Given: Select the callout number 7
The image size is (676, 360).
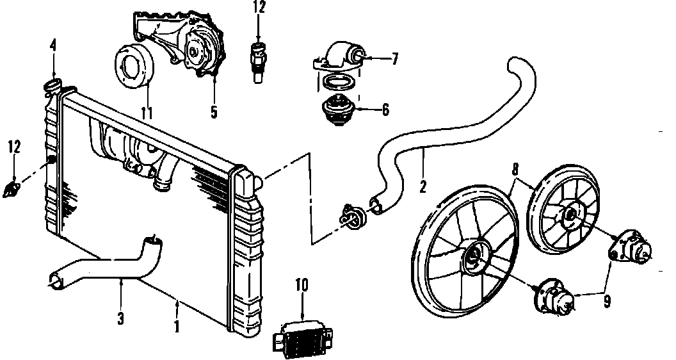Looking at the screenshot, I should coord(395,60).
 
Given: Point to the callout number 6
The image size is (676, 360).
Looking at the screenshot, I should coord(385,109).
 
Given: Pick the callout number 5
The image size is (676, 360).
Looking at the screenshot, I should coord(214,113).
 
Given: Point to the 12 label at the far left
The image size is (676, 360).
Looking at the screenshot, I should coord(14,147).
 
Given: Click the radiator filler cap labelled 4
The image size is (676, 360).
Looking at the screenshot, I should coord(52,85).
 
